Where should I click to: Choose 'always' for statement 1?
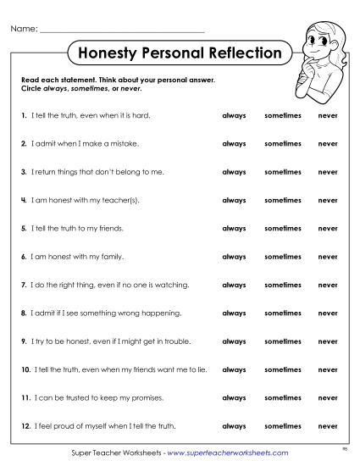click(234, 115)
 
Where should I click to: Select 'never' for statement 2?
click(327, 143)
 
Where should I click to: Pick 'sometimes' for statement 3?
click(282, 172)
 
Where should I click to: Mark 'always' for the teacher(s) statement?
click(234, 200)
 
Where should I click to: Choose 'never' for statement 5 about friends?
click(327, 228)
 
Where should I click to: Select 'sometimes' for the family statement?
click(282, 257)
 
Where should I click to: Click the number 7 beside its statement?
click(24, 285)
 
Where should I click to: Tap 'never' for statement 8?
click(327, 313)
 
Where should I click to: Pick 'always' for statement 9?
click(234, 341)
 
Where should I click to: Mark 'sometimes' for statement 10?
click(282, 369)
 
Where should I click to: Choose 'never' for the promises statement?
click(327, 397)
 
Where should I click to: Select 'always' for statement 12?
click(234, 426)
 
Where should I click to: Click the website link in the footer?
click(228, 453)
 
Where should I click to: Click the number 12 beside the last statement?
click(25, 426)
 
